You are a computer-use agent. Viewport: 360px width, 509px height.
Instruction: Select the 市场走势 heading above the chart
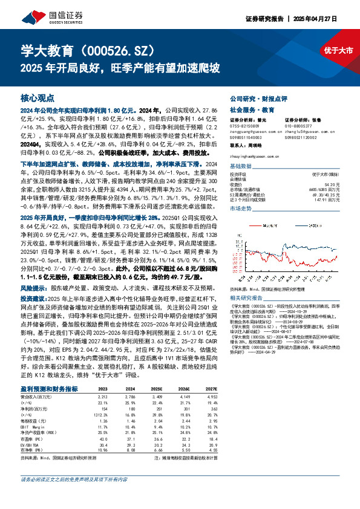coord(241,208)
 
